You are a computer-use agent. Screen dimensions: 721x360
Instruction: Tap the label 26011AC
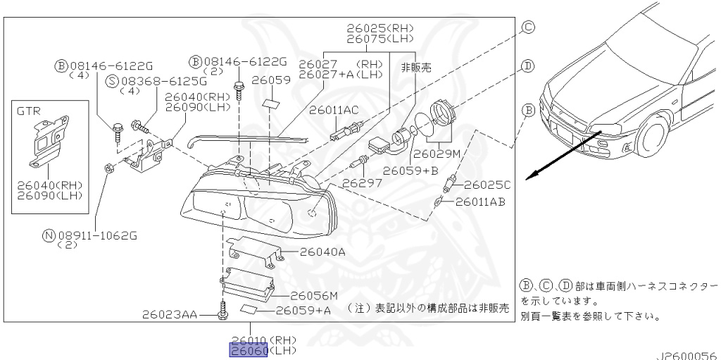click(x=334, y=111)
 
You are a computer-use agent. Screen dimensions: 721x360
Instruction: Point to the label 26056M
click(x=315, y=295)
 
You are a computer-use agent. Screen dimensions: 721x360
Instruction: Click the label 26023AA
click(x=170, y=315)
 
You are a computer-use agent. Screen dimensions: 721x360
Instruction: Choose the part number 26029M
click(x=437, y=154)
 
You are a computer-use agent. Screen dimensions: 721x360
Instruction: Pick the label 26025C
click(x=487, y=185)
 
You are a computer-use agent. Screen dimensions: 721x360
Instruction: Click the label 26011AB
click(x=480, y=201)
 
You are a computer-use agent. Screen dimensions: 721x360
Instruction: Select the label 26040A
click(x=322, y=252)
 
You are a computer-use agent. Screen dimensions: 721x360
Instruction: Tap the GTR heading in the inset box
click(x=28, y=111)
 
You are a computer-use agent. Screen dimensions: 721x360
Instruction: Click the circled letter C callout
click(x=528, y=27)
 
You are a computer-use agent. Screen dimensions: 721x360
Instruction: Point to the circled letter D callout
click(x=528, y=66)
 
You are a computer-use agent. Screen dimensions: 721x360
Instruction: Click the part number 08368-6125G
click(x=163, y=82)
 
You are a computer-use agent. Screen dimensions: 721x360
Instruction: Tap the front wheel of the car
click(x=652, y=137)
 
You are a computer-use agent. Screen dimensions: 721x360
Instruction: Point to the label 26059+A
click(x=303, y=310)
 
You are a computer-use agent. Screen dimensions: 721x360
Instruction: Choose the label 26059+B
click(x=410, y=170)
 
